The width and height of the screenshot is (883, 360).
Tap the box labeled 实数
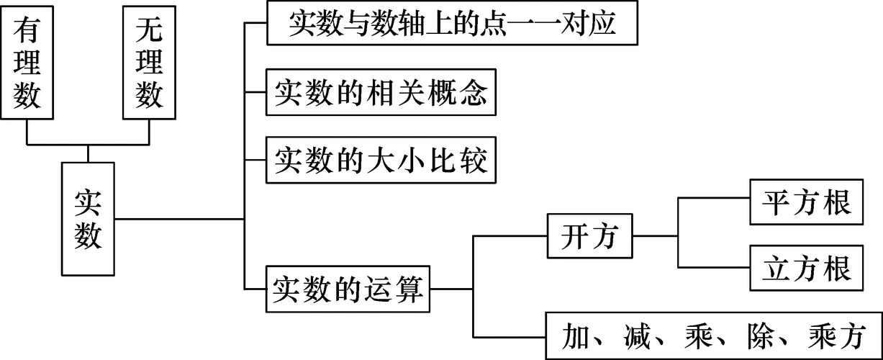pos(88,218)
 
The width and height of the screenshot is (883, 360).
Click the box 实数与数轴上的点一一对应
pos(453,23)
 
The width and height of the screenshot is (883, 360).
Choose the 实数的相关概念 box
pos(381,93)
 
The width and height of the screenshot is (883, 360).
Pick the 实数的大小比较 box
pos(381,160)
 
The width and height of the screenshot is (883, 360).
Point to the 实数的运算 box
pos(350,289)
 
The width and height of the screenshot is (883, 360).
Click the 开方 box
pos(590,235)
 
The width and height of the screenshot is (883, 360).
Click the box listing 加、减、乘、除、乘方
pos(713,335)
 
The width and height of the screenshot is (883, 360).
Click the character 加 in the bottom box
pos(579,336)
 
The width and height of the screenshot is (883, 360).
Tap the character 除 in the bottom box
pos(776,336)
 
